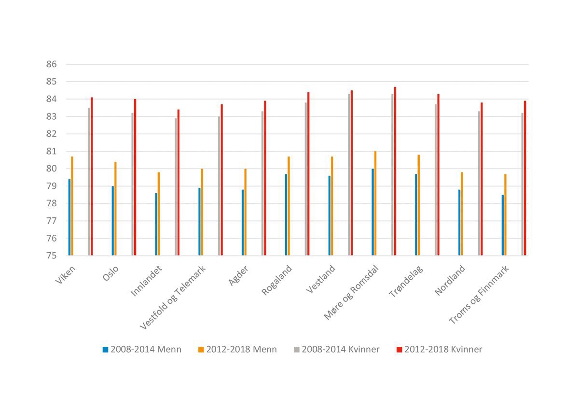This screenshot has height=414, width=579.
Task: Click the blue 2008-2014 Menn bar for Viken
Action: (69, 217)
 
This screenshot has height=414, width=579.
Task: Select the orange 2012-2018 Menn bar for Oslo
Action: (115, 209)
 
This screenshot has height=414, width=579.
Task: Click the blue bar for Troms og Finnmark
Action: (503, 225)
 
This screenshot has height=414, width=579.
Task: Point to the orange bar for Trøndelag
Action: (419, 205)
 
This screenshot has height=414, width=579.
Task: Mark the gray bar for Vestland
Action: (349, 174)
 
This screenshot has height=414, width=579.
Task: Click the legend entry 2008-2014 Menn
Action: (142, 349)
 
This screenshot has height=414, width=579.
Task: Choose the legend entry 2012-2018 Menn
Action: (237, 349)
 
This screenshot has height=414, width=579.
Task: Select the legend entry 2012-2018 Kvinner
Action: (439, 349)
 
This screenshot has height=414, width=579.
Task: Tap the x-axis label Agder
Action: (239, 275)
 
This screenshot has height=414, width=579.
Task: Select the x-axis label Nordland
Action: (451, 280)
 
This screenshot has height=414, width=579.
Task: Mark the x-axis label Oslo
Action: (110, 272)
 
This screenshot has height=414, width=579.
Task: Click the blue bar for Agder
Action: (243, 223)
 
